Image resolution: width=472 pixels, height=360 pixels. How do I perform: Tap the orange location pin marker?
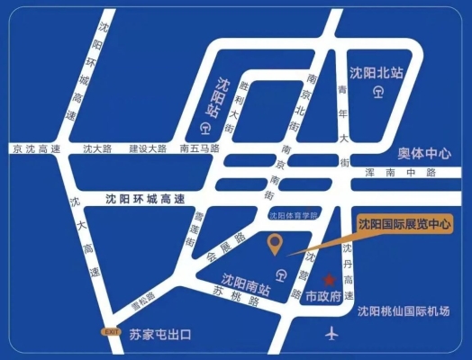(277, 243)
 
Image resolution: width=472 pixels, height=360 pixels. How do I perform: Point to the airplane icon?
(331, 335)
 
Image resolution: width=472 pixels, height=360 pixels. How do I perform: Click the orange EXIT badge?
(112, 333)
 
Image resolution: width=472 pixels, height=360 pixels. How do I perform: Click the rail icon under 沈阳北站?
(379, 90)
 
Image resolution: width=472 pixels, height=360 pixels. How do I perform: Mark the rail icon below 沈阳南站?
(282, 274)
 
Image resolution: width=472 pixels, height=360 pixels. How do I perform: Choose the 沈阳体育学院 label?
(294, 215)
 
